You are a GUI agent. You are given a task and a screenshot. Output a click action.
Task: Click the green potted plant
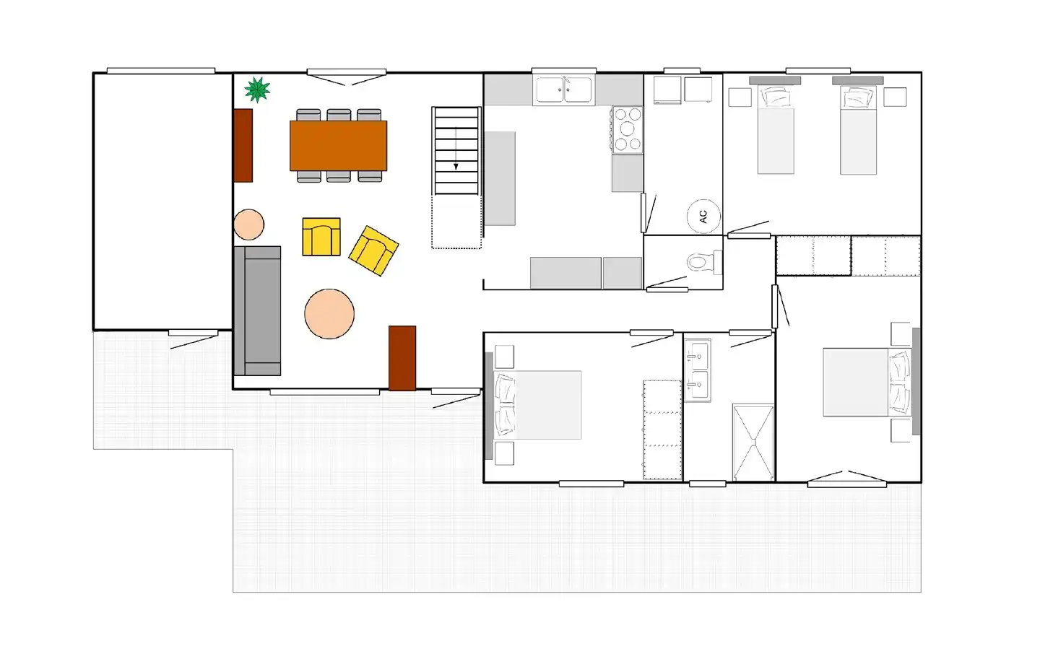click(257, 90)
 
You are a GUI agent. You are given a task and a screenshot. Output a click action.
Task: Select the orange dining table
click(339, 146)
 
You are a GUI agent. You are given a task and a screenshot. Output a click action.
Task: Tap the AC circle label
click(703, 216)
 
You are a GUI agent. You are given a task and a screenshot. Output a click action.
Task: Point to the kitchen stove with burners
click(627, 130)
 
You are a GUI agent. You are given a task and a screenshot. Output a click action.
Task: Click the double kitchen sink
click(563, 90)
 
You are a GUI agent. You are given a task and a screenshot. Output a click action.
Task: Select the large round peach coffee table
click(329, 314)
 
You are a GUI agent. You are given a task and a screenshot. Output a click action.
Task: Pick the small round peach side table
click(249, 224)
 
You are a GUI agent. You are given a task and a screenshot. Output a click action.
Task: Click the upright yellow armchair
click(321, 237)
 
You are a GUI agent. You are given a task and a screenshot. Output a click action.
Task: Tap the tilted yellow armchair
click(374, 250)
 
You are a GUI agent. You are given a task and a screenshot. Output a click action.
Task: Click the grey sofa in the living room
click(258, 310)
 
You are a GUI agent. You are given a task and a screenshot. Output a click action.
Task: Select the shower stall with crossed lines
click(753, 443)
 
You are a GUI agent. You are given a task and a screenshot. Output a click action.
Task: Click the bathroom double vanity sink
click(698, 370)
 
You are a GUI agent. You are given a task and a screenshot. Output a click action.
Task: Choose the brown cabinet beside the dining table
click(243, 146)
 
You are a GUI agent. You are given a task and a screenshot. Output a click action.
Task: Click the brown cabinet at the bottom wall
click(402, 358)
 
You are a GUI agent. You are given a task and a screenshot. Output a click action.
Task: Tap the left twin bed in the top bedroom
click(776, 130)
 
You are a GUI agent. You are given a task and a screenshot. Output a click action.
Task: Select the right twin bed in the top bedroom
click(859, 130)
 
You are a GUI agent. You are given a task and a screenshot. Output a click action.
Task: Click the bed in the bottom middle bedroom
click(537, 405)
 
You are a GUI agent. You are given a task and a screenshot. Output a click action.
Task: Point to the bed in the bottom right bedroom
click(867, 382)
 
